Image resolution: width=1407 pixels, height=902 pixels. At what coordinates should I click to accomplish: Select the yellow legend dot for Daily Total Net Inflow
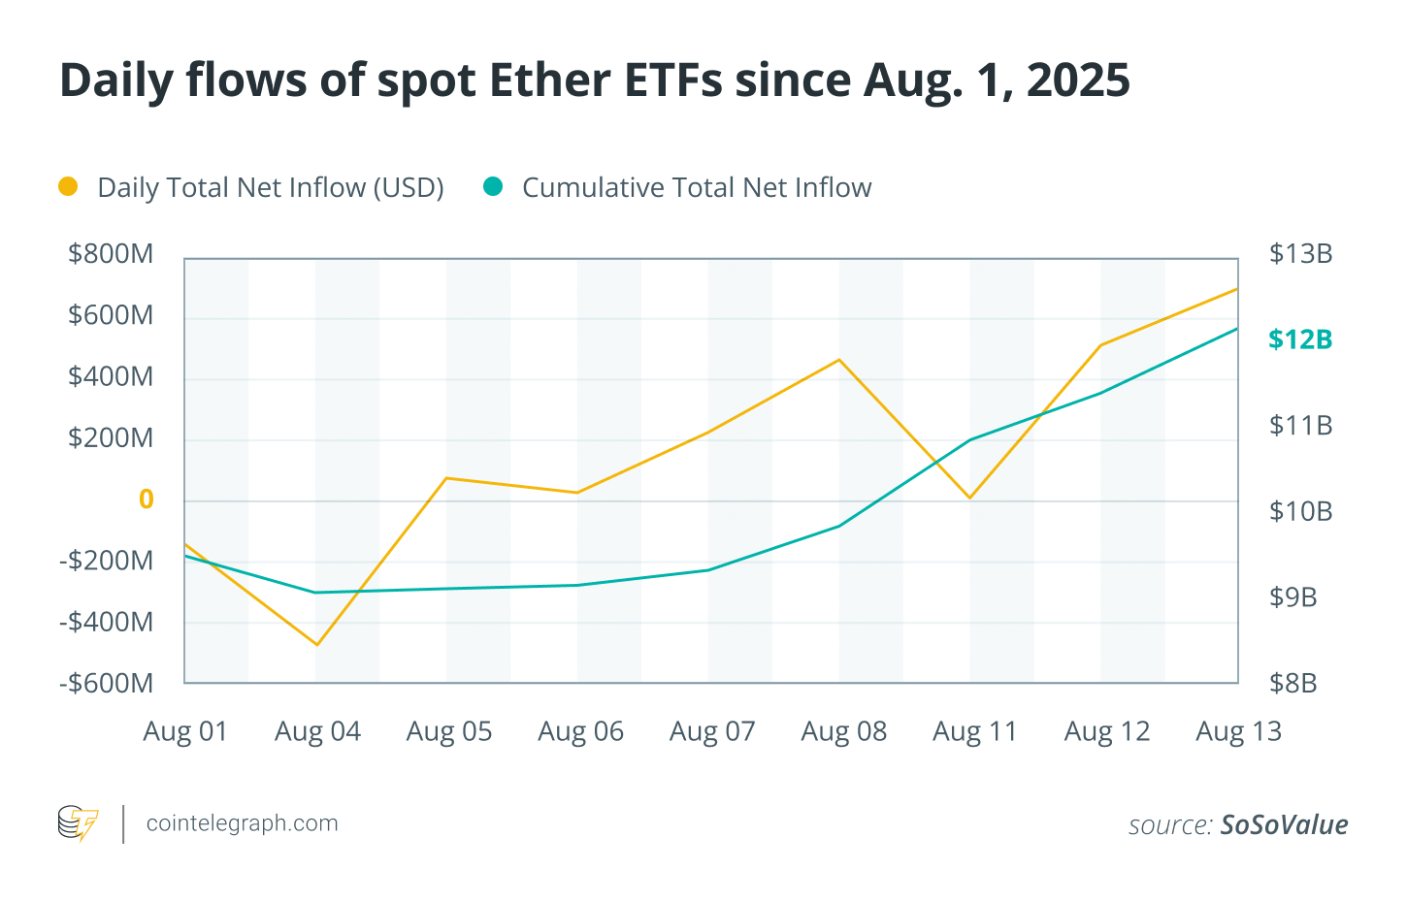point(68,186)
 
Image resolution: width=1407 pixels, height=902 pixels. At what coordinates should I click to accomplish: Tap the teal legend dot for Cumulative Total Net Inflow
point(493,186)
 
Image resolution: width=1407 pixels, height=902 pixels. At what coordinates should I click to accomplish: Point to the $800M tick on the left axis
point(111,254)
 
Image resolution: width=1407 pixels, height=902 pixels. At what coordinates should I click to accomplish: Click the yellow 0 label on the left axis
point(147,499)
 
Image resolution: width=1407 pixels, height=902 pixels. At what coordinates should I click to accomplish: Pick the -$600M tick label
point(106,683)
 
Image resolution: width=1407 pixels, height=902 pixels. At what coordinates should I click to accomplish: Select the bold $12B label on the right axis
point(1300,339)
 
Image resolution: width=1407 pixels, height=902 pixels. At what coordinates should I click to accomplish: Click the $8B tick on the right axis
point(1292,683)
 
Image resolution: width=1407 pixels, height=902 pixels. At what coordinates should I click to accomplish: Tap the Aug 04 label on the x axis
point(317,731)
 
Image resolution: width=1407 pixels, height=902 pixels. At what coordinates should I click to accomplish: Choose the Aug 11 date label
point(975,731)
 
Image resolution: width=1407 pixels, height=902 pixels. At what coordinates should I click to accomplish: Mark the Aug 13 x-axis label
point(1238,731)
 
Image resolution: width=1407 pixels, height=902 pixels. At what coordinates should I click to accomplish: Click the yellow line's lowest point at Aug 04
point(316,645)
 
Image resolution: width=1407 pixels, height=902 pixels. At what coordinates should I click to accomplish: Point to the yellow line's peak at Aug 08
point(839,360)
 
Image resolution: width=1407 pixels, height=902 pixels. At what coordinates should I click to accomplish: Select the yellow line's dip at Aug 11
point(970,499)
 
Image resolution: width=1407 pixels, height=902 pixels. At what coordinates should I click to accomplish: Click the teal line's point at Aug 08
point(839,526)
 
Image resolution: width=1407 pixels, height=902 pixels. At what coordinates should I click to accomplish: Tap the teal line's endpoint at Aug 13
point(1237,329)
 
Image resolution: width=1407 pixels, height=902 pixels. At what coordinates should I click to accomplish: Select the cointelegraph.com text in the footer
point(242,823)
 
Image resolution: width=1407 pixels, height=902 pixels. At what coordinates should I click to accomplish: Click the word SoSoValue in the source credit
point(1284,824)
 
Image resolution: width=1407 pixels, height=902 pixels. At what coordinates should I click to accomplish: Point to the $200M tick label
point(111,438)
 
